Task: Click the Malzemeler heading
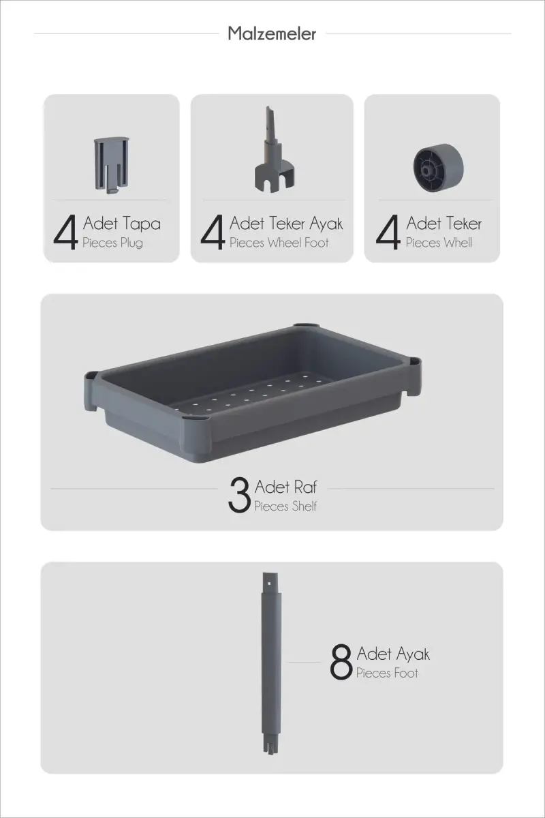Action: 272,33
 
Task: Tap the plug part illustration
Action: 112,165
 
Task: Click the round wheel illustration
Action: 439,164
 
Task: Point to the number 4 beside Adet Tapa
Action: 65,232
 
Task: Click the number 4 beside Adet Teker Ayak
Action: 213,232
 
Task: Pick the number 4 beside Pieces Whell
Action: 388,232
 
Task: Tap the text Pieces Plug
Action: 112,243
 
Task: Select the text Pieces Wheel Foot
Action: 279,243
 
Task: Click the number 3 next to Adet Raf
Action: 239,495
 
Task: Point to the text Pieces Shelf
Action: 285,506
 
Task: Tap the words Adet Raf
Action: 286,487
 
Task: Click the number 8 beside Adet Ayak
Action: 341,662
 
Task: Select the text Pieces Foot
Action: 387,673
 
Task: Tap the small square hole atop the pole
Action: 270,584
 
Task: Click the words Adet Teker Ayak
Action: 286,224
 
